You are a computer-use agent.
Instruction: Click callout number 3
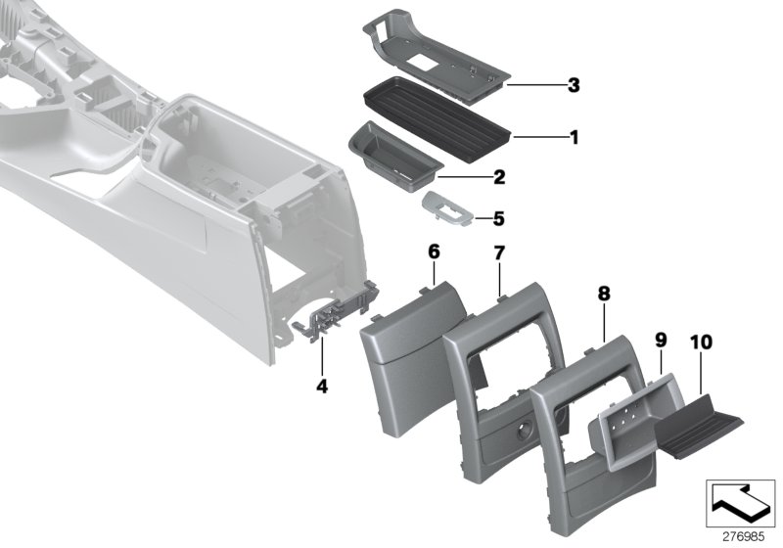coord(574,86)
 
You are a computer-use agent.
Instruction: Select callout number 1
coord(575,138)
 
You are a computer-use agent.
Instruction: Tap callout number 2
coord(499,177)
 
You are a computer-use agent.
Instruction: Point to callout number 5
coord(499,217)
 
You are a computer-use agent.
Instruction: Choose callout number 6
coord(433,251)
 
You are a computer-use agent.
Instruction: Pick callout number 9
coord(661,340)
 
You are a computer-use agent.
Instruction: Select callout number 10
coord(703,343)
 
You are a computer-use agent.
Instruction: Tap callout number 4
coord(321,387)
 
